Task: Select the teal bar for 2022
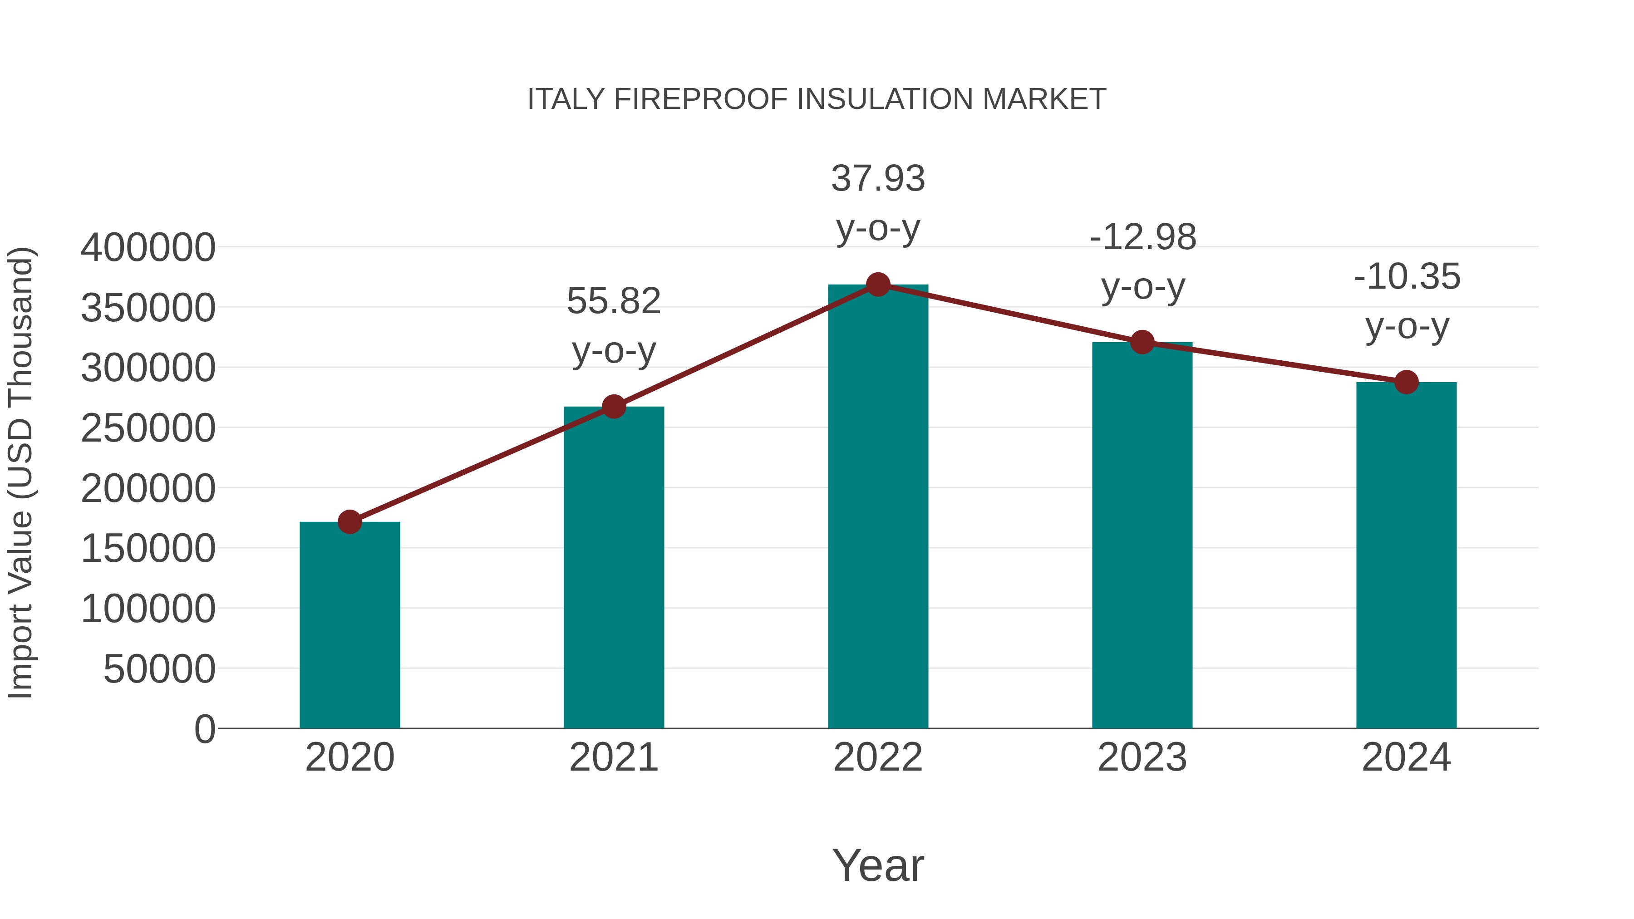click(878, 507)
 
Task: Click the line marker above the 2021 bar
click(613, 407)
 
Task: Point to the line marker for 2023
click(1142, 343)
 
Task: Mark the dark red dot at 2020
click(349, 522)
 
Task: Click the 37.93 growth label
click(878, 178)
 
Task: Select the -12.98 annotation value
click(1142, 237)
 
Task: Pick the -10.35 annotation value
click(1407, 277)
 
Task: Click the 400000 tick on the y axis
click(148, 247)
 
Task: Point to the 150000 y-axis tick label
click(148, 549)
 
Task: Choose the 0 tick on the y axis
click(204, 729)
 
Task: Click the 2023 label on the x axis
click(1142, 757)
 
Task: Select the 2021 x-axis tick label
click(613, 757)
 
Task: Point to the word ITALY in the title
click(566, 99)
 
